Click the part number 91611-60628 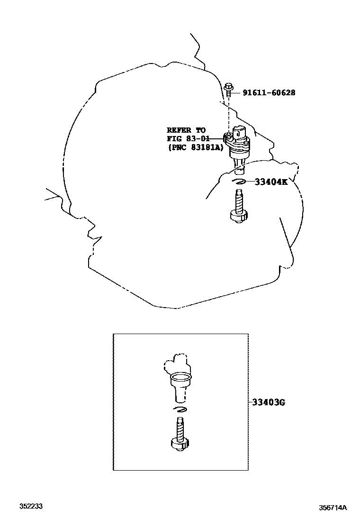click(x=269, y=93)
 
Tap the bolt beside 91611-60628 click(x=229, y=90)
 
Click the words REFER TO click(x=186, y=130)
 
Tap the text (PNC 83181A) click(x=194, y=147)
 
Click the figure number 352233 click(x=31, y=507)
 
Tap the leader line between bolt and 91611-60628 click(x=236, y=93)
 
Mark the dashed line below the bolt click(x=229, y=114)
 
